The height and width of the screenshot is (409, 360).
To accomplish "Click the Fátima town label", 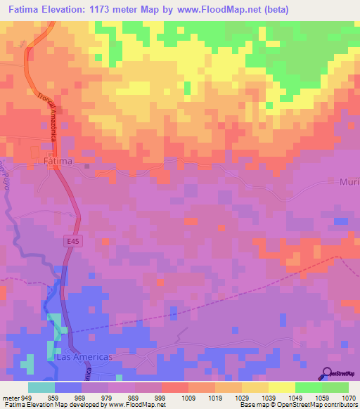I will (x=58, y=161).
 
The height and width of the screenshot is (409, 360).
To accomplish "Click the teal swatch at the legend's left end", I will (x=41, y=387).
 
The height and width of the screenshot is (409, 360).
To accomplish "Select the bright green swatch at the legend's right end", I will (x=335, y=387).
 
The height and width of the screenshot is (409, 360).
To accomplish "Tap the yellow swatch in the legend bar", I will (x=281, y=387).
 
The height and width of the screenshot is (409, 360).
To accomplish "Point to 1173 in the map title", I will (x=108, y=8).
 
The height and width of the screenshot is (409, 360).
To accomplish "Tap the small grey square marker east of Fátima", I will (x=86, y=167).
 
